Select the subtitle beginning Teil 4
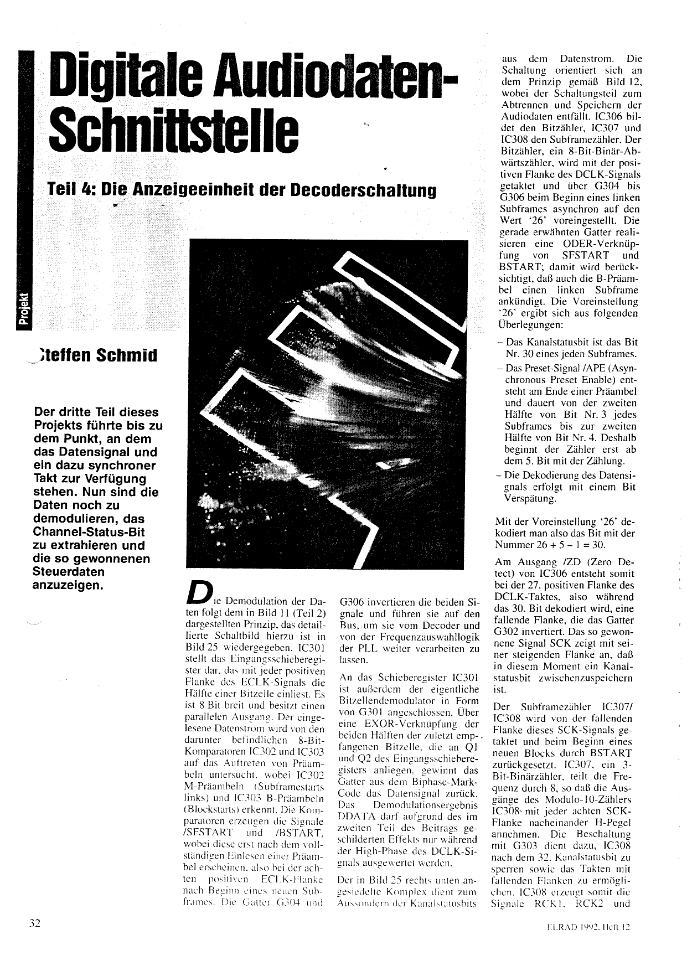point(242,190)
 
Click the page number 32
point(35,923)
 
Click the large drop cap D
point(198,592)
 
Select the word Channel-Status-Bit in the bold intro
point(90,532)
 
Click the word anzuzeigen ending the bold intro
point(68,585)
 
